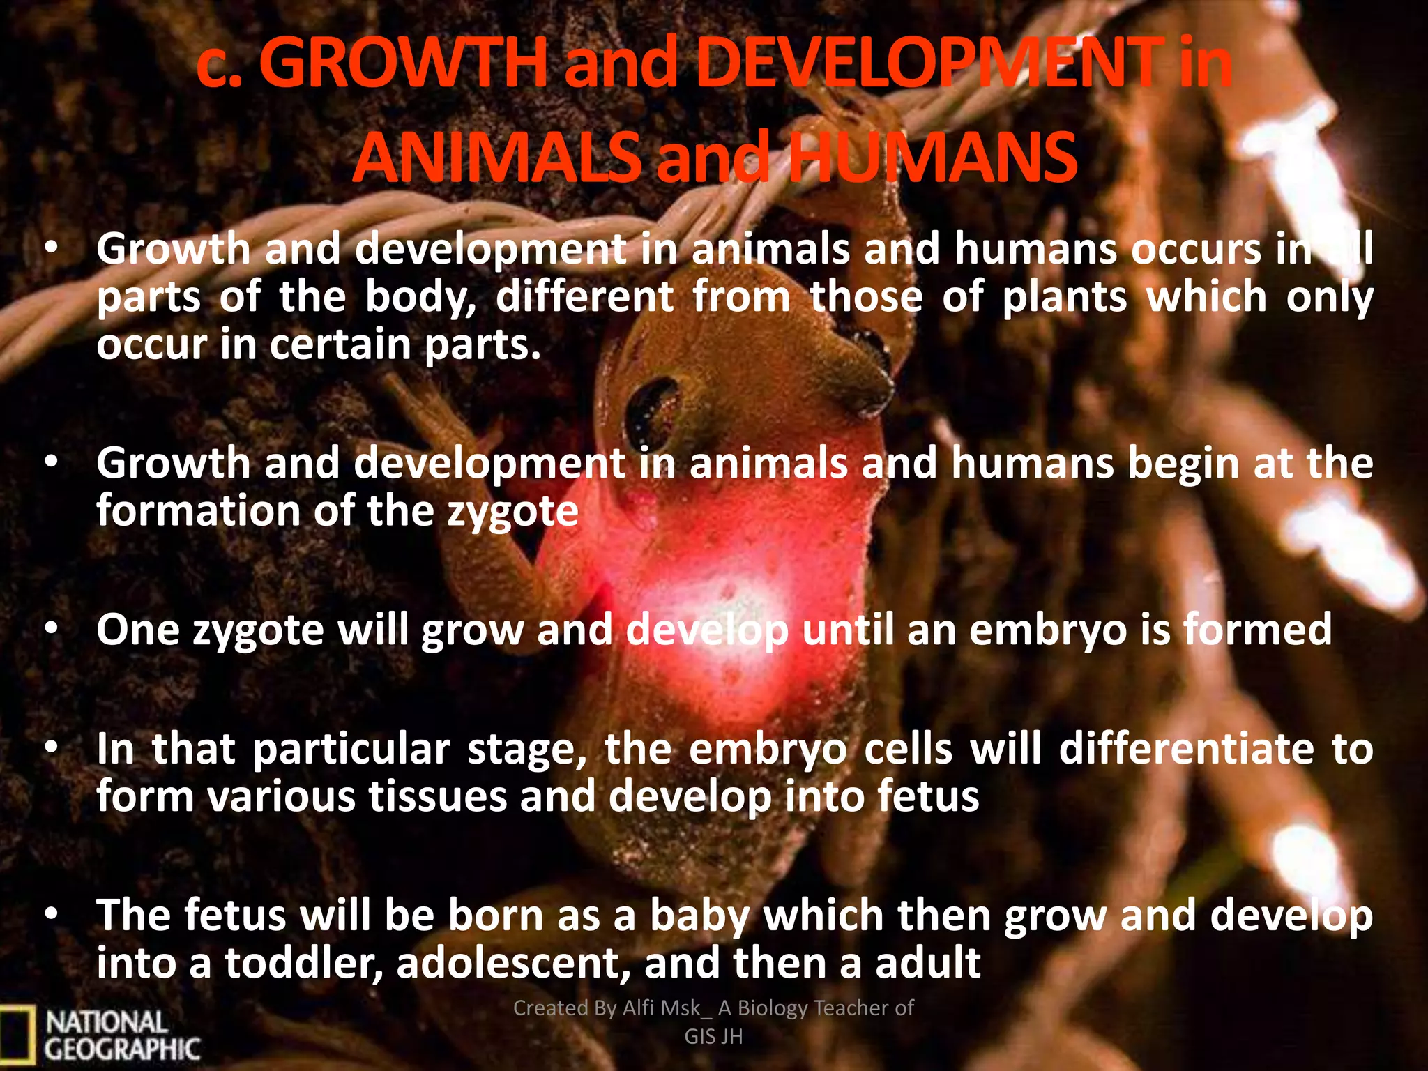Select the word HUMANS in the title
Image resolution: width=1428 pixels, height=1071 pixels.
(934, 158)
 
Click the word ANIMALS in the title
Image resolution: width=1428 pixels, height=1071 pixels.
(496, 158)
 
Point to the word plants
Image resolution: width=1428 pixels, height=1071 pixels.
(1064, 298)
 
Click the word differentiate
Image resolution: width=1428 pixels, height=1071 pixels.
(1186, 750)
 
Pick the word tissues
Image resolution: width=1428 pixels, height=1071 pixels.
(437, 796)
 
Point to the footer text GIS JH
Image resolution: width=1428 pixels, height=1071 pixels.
(713, 1037)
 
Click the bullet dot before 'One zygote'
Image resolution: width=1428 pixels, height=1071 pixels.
(50, 630)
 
